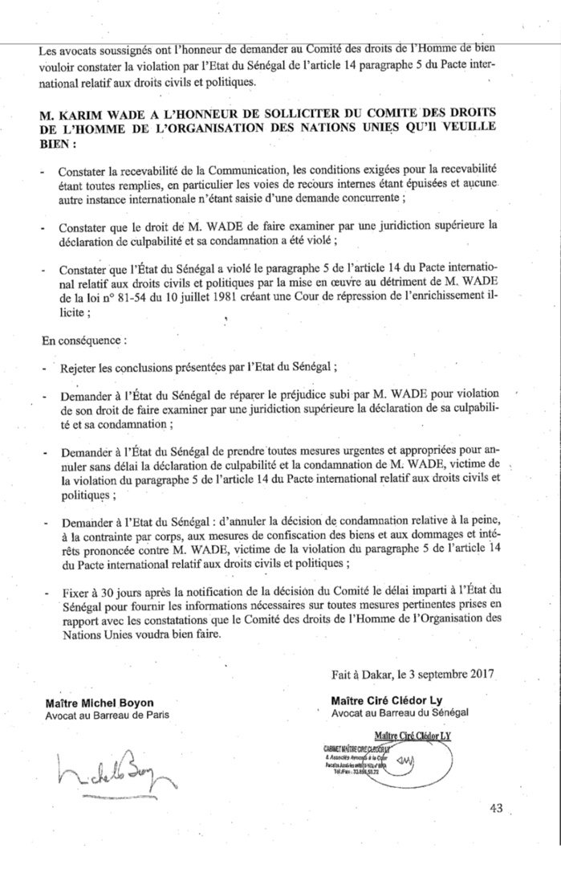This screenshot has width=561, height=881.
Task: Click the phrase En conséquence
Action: [x=83, y=340]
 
